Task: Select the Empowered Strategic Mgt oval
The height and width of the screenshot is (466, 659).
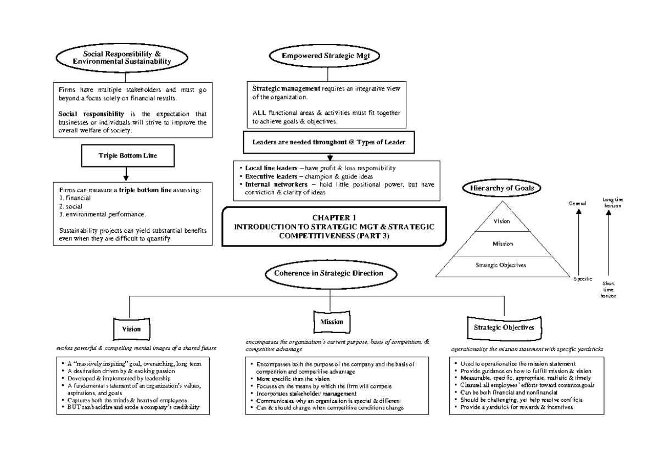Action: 326,56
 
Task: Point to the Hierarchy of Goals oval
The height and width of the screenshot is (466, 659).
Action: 502,188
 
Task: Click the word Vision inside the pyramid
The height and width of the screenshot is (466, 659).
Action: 502,221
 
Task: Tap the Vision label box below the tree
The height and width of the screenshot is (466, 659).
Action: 131,329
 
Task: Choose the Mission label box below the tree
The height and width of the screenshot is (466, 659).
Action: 331,322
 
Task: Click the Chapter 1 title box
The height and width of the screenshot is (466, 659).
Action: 334,226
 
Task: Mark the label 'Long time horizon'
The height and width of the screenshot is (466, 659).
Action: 613,202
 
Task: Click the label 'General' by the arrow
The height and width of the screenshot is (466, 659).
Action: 577,204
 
